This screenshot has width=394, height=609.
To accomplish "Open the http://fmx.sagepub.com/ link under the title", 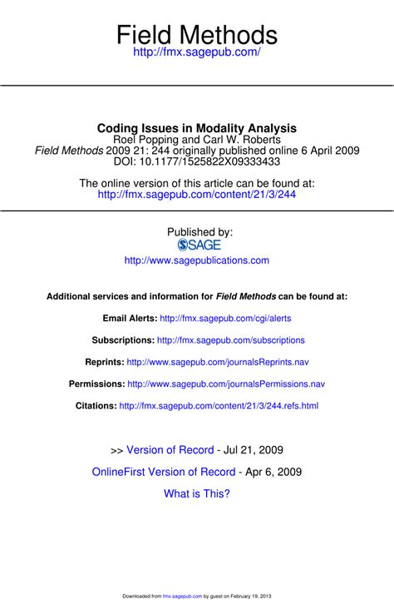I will [197, 52].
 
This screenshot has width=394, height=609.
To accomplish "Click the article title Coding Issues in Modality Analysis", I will [197, 128].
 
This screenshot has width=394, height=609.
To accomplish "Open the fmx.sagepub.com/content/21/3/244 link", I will [197, 195].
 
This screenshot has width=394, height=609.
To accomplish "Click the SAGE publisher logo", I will [199, 245].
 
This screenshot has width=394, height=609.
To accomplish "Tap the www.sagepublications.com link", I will [197, 260].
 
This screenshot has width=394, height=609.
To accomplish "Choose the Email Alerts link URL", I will [225, 318].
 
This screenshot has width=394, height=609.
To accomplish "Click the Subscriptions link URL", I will [231, 339].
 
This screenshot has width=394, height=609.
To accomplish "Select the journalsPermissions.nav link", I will [226, 384].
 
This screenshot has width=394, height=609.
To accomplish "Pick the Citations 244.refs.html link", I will [219, 406].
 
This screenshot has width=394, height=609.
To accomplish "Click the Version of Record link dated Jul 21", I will [170, 450].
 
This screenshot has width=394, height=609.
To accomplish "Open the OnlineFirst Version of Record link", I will [164, 472].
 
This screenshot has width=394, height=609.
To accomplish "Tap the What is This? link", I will [197, 493].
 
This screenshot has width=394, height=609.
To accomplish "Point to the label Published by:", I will [200, 232].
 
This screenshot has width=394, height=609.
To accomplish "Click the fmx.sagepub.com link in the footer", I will [178, 597].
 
